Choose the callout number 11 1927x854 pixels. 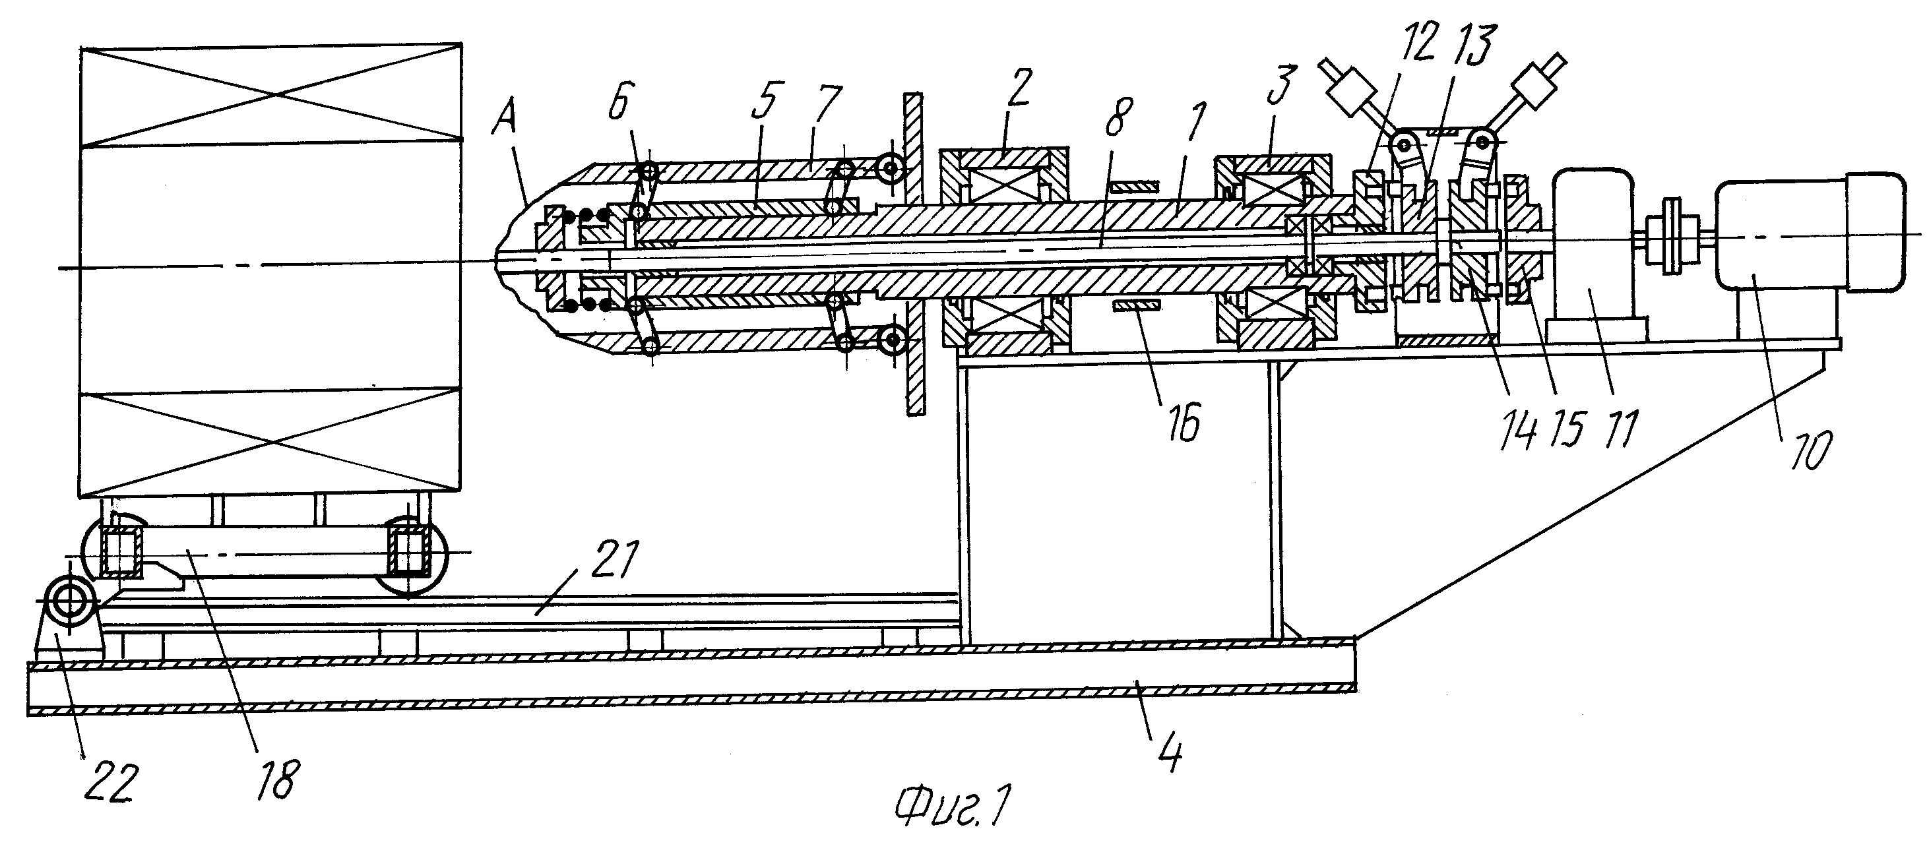pos(1618,429)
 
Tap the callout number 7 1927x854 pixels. pos(829,106)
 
